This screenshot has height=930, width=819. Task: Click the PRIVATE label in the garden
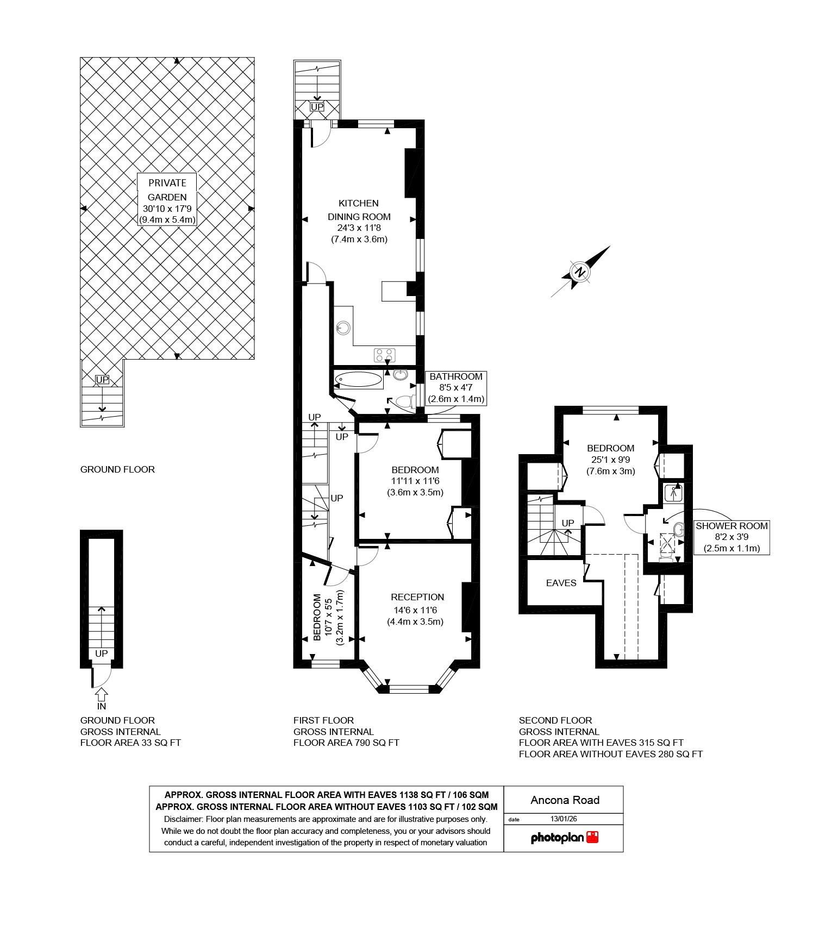(x=167, y=183)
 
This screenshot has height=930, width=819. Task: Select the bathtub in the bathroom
(x=359, y=380)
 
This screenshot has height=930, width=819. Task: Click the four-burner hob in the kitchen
(x=385, y=355)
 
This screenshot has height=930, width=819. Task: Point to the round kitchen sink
(x=343, y=328)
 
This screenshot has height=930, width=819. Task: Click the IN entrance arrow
(x=102, y=699)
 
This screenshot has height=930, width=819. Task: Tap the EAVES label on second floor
(x=561, y=583)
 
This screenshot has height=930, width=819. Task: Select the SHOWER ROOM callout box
(x=732, y=537)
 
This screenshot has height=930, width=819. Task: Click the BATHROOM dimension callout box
(x=455, y=387)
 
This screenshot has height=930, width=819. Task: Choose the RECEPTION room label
(x=417, y=597)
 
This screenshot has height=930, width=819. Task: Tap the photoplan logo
(x=564, y=837)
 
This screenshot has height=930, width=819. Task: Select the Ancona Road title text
(x=565, y=800)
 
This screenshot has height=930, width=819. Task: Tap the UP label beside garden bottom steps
(x=102, y=380)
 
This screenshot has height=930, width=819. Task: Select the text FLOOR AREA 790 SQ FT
(x=346, y=743)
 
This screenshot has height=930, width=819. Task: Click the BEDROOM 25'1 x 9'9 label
(x=610, y=459)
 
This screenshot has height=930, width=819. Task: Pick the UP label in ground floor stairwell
(x=102, y=653)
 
